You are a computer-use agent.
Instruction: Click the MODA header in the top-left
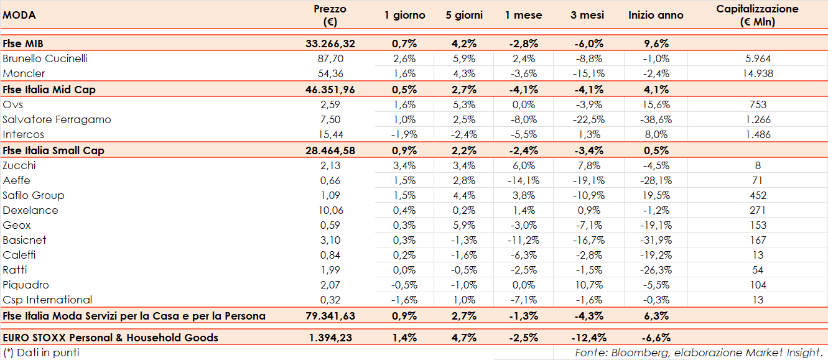pyautogui.click(x=19, y=15)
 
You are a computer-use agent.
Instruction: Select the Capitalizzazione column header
pyautogui.click(x=757, y=16)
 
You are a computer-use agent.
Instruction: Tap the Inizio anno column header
pyautogui.click(x=656, y=15)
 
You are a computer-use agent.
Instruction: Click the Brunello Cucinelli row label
pyautogui.click(x=45, y=58)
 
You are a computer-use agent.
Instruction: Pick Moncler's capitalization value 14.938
pyautogui.click(x=758, y=73)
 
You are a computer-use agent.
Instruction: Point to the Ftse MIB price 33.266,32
pyautogui.click(x=330, y=44)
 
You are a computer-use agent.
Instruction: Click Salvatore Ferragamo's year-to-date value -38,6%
pyautogui.click(x=656, y=119)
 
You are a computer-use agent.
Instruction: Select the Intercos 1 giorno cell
pyautogui.click(x=404, y=134)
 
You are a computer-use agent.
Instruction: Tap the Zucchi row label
pyautogui.click(x=19, y=165)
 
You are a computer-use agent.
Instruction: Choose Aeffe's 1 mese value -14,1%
pyautogui.click(x=523, y=180)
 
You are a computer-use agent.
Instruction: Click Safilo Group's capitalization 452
pyautogui.click(x=758, y=195)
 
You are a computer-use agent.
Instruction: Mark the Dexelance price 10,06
pyautogui.click(x=330, y=210)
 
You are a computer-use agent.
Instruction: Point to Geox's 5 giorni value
pyautogui.click(x=464, y=225)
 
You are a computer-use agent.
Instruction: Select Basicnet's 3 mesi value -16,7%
pyautogui.click(x=587, y=240)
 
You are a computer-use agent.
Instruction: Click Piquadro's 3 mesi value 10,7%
pyautogui.click(x=587, y=285)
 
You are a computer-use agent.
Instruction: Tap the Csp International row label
pyautogui.click(x=47, y=300)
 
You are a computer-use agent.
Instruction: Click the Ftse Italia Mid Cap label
pyautogui.click(x=49, y=90)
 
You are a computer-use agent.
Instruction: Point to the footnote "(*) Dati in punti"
pyautogui.click(x=41, y=353)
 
